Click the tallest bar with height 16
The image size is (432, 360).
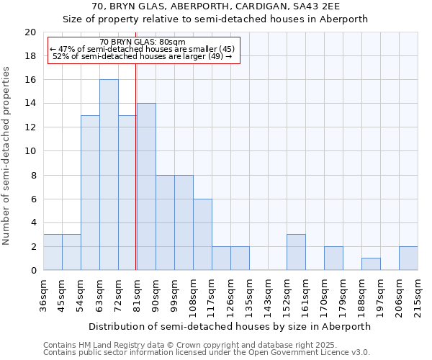[x=109, y=175]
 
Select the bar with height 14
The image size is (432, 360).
[x=146, y=186]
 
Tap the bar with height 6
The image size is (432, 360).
[x=202, y=234]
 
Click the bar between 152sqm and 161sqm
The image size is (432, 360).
[x=296, y=252]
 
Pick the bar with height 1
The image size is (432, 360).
[x=371, y=264]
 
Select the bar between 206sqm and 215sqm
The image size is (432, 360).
[x=408, y=258]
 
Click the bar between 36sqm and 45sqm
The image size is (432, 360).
[x=53, y=252]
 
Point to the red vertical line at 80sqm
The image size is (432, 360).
[x=136, y=166]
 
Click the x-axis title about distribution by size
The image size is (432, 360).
[x=230, y=326]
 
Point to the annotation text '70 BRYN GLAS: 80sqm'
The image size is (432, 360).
[x=143, y=42]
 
